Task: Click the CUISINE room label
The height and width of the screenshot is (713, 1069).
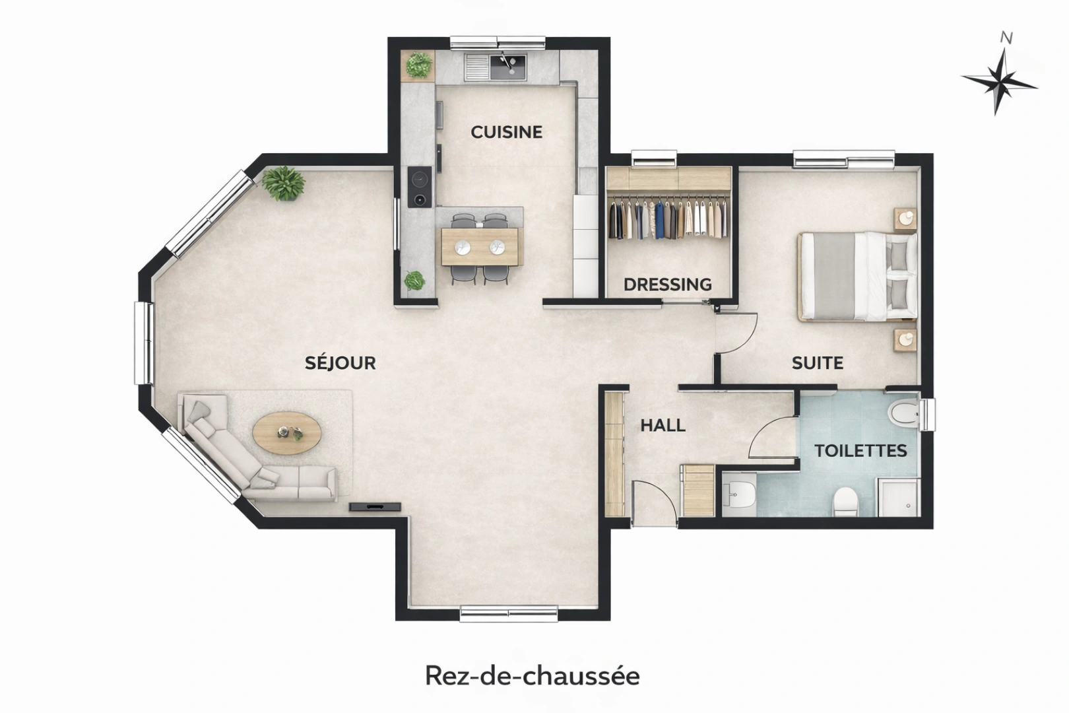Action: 506,132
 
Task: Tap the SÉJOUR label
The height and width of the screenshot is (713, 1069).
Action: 340,362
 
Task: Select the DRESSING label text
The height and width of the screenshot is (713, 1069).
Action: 667,285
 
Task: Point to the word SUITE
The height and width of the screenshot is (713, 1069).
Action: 817,362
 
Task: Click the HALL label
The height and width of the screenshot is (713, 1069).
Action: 663,426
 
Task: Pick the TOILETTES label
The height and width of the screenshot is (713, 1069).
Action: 860,451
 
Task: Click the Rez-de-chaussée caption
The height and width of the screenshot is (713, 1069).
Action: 532,675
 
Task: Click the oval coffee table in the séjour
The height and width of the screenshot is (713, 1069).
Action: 287,434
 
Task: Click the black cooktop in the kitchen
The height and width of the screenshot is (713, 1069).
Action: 419,187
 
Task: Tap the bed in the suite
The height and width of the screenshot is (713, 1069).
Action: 857,276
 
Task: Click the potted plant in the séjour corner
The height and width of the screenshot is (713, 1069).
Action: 284,182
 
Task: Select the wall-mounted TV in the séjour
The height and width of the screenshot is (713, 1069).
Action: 375,506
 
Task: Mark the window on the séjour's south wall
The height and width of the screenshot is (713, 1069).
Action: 508,613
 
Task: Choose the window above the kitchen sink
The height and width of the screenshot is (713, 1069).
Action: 498,43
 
